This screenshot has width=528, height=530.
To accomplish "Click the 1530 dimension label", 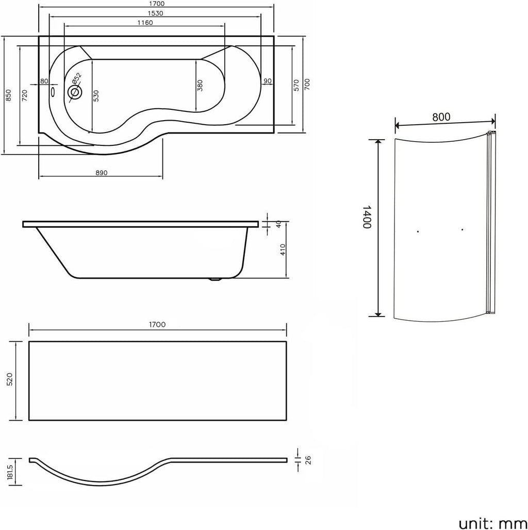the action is pyautogui.click(x=155, y=13).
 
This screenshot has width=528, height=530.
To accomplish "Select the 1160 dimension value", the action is pyautogui.click(x=145, y=23).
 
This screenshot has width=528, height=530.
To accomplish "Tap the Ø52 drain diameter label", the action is pyautogui.click(x=77, y=78).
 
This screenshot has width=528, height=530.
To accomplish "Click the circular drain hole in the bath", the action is pyautogui.click(x=74, y=92).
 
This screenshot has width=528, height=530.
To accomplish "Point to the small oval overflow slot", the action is pyautogui.click(x=53, y=92).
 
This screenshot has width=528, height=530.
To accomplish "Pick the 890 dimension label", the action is pyautogui.click(x=101, y=173).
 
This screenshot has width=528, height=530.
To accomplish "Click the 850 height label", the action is pyautogui.click(x=8, y=95).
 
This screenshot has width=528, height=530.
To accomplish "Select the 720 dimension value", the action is pyautogui.click(x=24, y=96).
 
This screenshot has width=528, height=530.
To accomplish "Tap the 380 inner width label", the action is pyautogui.click(x=200, y=85).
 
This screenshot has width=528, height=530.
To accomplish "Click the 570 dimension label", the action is pyautogui.click(x=296, y=85).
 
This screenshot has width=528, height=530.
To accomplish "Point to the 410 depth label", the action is pyautogui.click(x=283, y=250).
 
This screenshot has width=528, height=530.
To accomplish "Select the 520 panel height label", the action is pyautogui.click(x=9, y=379).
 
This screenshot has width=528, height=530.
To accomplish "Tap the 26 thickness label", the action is pyautogui.click(x=308, y=460).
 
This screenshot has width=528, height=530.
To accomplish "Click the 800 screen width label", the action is pyautogui.click(x=441, y=117).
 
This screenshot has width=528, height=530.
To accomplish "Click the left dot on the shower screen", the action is pyautogui.click(x=418, y=231).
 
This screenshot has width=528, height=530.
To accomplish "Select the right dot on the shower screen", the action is pyautogui.click(x=462, y=229).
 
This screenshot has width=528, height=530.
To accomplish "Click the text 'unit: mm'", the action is pyautogui.click(x=492, y=523).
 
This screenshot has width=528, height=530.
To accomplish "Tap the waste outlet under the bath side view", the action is pyautogui.click(x=215, y=279).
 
